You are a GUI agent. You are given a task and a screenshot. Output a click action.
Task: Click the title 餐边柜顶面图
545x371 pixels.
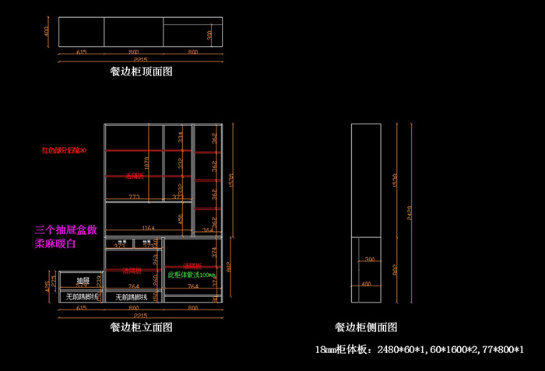(141, 72)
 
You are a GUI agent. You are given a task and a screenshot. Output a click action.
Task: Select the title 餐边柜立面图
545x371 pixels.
(141, 327)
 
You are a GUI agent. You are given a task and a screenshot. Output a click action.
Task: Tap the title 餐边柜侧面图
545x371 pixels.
(366, 327)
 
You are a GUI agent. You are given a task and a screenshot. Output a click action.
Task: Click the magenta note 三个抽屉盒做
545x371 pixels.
(66, 231)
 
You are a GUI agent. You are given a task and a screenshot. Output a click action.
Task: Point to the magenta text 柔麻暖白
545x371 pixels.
(55, 244)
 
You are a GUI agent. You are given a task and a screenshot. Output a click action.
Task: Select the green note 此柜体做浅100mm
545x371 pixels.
(191, 275)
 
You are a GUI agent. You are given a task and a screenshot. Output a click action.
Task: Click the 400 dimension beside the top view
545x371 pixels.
(47, 32)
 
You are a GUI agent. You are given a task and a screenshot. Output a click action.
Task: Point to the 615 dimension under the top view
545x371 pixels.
(81, 52)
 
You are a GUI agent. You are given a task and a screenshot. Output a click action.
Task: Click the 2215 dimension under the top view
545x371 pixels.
(141, 61)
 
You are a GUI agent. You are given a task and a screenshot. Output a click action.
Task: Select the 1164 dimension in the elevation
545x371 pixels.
(147, 228)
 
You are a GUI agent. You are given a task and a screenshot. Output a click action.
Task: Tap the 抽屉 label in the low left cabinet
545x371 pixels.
(82, 279)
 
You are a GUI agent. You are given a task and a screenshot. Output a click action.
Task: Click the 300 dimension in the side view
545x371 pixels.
(370, 259)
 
